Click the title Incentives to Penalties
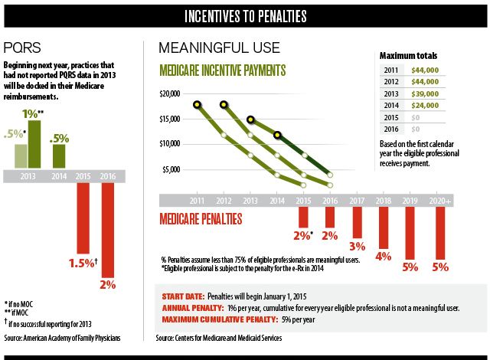click(245, 15)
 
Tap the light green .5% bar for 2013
click(21, 155)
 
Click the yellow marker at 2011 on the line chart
click(198, 105)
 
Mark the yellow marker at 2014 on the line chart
click(278, 135)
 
